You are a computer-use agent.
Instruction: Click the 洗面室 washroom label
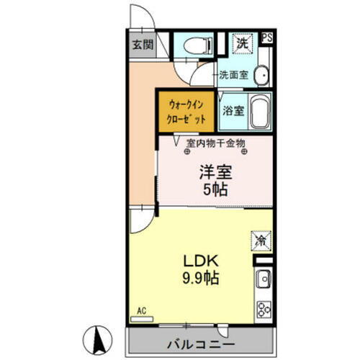(x=234, y=74)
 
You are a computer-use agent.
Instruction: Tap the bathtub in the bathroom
(x=259, y=111)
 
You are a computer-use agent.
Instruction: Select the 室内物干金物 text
(x=216, y=143)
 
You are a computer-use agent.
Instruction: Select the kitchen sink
(x=263, y=276)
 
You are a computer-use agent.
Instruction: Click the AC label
(x=142, y=311)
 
